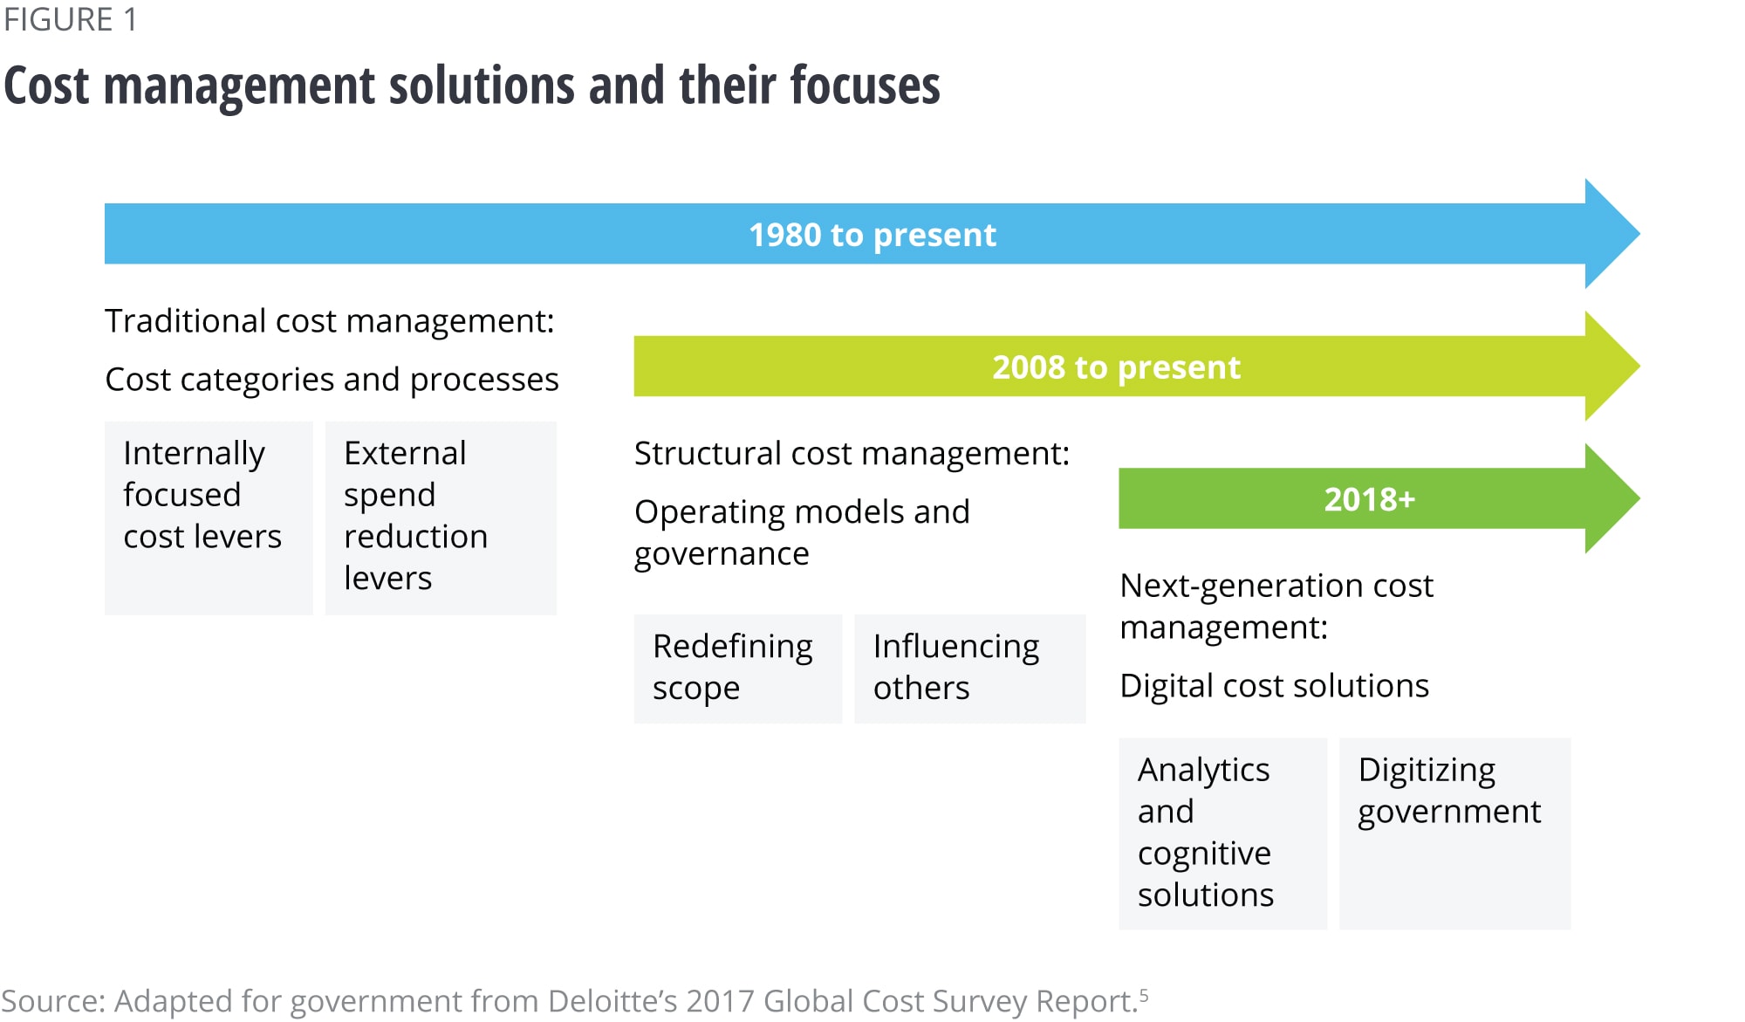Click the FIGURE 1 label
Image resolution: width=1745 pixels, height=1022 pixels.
point(70,19)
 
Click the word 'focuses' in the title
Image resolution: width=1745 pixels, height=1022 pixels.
point(865,86)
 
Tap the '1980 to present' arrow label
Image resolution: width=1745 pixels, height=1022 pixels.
point(872,235)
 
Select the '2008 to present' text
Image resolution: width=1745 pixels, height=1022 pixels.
point(1116,367)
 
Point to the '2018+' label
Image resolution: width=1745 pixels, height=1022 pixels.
point(1369,499)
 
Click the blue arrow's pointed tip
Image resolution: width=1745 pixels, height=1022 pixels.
point(1639,234)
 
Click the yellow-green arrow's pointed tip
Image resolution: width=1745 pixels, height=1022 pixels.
point(1639,367)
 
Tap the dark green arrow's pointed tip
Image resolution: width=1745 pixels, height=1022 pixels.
point(1639,498)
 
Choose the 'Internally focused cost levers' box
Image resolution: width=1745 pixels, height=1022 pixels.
point(209,518)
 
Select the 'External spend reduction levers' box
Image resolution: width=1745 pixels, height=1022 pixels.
point(441,518)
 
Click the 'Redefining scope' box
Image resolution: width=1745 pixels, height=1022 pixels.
point(738,669)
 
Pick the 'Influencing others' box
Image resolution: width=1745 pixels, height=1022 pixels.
point(970,669)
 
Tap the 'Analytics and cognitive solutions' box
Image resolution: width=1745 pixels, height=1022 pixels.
point(1223,833)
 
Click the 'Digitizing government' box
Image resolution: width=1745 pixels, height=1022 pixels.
point(1455,833)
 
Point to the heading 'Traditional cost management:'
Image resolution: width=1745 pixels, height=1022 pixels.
point(330,321)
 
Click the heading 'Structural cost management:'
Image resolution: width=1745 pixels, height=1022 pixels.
point(852,454)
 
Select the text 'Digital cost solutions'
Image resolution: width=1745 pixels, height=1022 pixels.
point(1275,686)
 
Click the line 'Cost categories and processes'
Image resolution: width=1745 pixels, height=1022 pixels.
point(332,380)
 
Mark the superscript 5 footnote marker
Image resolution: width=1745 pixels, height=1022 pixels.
point(1144,995)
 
